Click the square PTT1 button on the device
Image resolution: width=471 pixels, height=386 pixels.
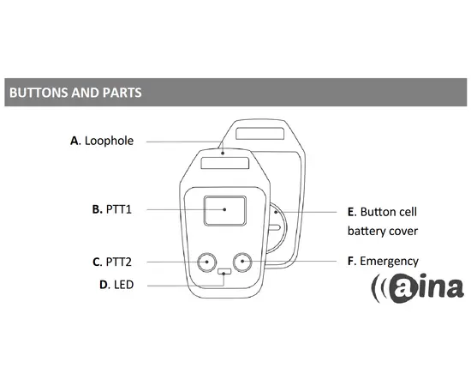pos(225,211)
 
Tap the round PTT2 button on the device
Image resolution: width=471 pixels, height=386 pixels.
pos(207,262)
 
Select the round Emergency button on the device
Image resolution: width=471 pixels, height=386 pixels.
pos(242,262)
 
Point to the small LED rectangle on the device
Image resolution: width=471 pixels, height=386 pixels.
pos(224,272)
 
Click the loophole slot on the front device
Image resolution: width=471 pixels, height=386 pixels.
pos(225,163)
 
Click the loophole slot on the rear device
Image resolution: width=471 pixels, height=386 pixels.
pos(260,134)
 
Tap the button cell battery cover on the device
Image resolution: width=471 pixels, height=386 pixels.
pos(277,228)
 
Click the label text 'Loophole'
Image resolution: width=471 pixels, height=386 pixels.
pos(109,141)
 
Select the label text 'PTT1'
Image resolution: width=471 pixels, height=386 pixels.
pos(119,209)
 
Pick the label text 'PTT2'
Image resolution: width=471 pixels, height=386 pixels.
pos(119,262)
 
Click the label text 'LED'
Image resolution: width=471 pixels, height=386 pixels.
pos(124,285)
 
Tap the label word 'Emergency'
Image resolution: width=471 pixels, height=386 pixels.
pos(389,262)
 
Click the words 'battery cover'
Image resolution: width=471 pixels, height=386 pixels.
pos(383,231)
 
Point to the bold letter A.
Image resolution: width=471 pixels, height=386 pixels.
pos(75,141)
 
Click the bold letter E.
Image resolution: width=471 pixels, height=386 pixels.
pos(351,212)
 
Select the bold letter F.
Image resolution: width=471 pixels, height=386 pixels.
pos(350,261)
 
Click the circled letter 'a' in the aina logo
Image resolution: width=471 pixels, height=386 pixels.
pos(403,288)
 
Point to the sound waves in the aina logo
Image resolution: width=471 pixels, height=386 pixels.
pos(379,288)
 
